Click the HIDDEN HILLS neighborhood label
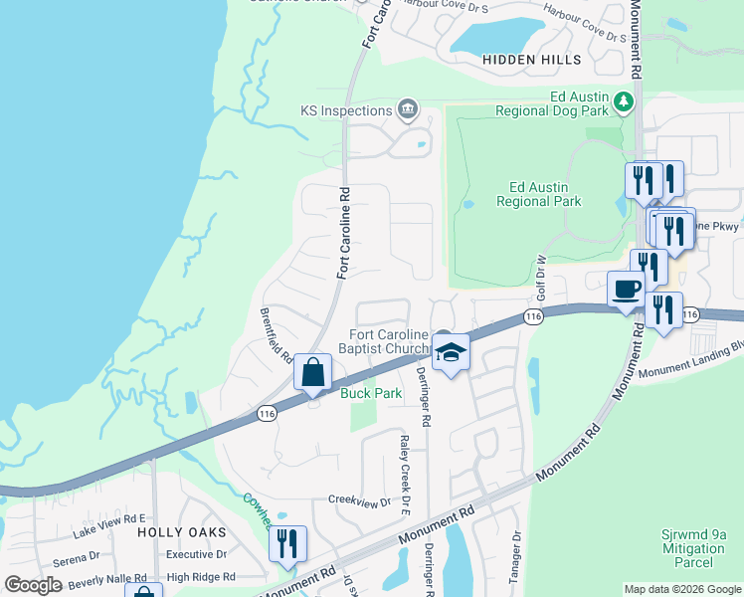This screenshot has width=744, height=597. tap(531, 60)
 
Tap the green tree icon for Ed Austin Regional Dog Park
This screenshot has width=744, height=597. tap(624, 100)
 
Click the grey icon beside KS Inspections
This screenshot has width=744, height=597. tap(406, 108)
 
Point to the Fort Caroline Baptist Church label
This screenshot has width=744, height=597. tap(389, 342)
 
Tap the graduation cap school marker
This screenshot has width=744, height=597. tap(450, 352)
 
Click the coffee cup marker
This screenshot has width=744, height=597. tap(626, 289)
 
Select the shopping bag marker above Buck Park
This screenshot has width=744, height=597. tap(312, 373)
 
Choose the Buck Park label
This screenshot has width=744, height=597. tap(371, 394)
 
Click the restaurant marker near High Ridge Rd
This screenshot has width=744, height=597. tap(287, 543)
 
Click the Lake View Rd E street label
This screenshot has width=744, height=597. tap(109, 518)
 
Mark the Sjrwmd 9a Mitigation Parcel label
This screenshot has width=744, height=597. tap(696, 548)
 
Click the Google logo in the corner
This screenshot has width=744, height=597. tap(33, 585)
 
